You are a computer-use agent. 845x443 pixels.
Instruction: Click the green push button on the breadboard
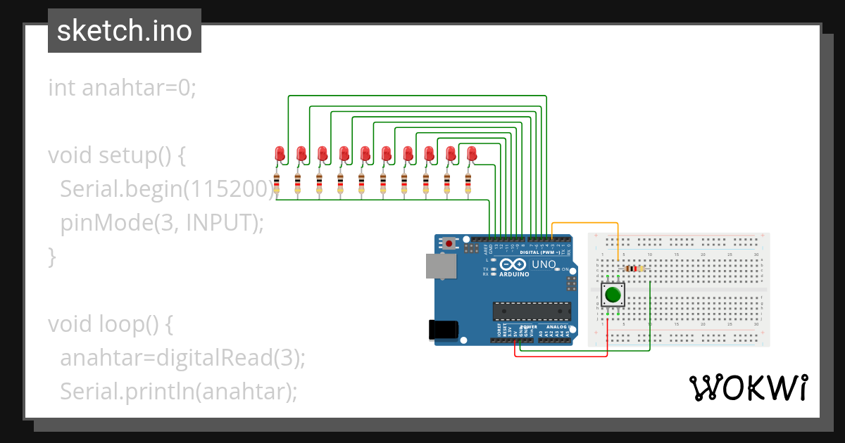click(x=613, y=295)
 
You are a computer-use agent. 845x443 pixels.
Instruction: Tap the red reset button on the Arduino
click(x=449, y=243)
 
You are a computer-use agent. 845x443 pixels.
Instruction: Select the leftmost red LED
click(x=279, y=153)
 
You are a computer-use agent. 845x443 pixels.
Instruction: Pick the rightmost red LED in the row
click(x=471, y=153)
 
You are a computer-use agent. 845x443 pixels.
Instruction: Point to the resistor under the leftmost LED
click(x=277, y=184)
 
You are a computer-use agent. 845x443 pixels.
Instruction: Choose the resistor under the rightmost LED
click(x=468, y=184)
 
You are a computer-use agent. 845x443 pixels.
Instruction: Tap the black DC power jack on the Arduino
click(x=444, y=330)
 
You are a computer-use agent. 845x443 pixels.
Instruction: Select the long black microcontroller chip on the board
click(x=532, y=311)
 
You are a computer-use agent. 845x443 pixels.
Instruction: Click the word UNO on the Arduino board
click(x=543, y=264)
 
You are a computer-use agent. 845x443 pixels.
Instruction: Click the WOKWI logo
click(x=747, y=387)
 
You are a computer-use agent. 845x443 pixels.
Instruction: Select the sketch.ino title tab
click(x=125, y=31)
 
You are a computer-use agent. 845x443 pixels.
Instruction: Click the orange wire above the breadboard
click(x=584, y=224)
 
